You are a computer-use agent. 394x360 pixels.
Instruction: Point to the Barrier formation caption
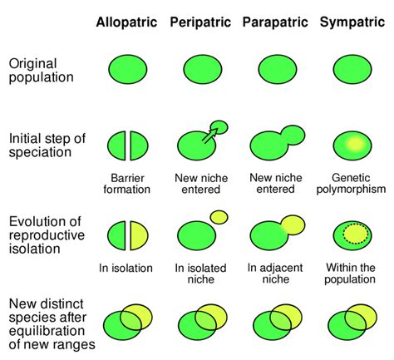[x=128, y=183]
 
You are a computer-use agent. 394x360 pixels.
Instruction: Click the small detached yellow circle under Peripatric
[x=219, y=217]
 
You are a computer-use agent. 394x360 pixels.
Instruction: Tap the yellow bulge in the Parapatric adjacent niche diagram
[x=293, y=223]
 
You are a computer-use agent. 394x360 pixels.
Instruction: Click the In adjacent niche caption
[x=275, y=274]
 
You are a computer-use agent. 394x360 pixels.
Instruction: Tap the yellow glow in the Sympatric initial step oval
[x=356, y=144]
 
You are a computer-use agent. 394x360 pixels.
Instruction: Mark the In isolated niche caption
[x=202, y=274]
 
